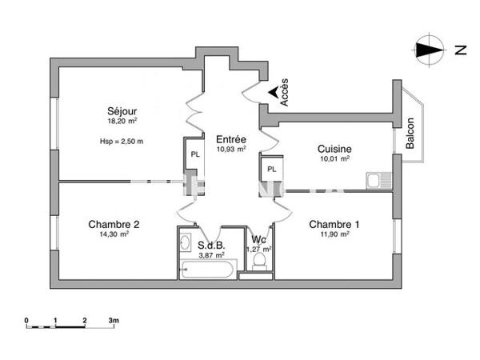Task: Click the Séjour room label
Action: point(123,110)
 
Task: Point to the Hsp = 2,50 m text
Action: point(122,142)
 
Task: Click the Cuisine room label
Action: point(334,149)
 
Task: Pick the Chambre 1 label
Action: point(334,224)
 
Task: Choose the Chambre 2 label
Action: point(114,224)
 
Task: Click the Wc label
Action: point(258,239)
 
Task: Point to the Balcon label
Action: point(410,134)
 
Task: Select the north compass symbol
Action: point(429,50)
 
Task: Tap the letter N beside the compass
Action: point(460,50)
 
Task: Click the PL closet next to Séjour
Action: point(194,154)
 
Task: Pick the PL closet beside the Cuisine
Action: point(272,169)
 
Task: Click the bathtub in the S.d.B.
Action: point(206,270)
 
